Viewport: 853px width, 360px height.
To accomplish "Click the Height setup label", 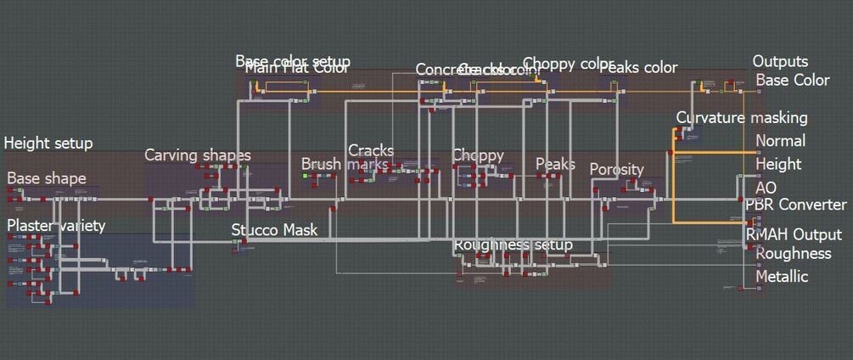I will (x=48, y=143).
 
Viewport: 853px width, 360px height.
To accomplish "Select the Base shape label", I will (x=47, y=178).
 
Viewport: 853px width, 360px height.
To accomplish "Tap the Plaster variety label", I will (x=56, y=225).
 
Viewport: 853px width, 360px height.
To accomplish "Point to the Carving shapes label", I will (x=198, y=155).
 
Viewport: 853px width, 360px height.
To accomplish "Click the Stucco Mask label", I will (x=274, y=229).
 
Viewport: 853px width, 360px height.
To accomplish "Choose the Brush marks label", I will (x=345, y=164).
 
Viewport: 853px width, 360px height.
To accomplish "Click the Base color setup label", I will (x=293, y=61).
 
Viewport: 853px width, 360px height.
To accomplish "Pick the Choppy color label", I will (x=568, y=64).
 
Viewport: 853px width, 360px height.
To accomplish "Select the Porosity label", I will (x=617, y=169).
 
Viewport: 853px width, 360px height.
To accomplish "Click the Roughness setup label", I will (x=513, y=245).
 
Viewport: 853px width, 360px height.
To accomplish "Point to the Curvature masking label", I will (x=742, y=117).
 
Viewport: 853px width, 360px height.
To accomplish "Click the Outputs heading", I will (x=780, y=61).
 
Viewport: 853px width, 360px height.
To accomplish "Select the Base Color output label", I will (x=793, y=80).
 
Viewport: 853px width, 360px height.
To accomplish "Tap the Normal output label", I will (x=780, y=141).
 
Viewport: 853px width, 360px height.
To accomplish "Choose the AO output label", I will (x=766, y=187).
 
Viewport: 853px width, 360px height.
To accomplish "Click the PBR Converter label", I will (x=795, y=205).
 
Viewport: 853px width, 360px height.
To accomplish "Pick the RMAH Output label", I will (x=794, y=234).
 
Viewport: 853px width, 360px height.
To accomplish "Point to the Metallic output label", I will (x=782, y=276).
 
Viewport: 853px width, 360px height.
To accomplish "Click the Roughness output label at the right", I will (x=794, y=253).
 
